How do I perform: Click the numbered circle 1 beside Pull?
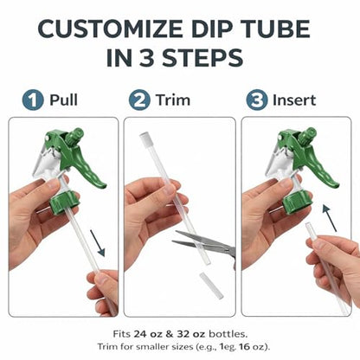(33, 100)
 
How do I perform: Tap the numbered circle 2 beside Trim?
(139, 100)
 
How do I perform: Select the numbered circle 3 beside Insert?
(257, 100)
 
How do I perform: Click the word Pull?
(63, 100)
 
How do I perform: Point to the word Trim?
(173, 100)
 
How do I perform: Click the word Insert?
(294, 100)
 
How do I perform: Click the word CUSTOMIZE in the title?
(110, 29)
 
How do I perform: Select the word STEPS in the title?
(202, 58)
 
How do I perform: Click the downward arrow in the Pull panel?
(97, 242)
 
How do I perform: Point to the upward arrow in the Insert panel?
(330, 218)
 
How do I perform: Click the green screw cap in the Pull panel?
(64, 201)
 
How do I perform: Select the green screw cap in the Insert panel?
(297, 201)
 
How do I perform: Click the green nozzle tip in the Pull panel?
(75, 136)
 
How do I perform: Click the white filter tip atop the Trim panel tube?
(145, 138)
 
